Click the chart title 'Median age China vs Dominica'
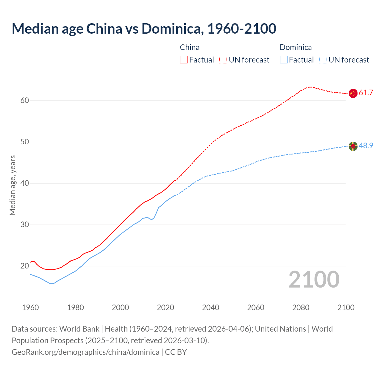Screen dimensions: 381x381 click(144, 29)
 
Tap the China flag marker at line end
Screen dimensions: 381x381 click(353, 93)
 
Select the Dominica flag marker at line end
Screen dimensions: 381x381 click(353, 146)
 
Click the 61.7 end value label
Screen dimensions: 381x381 click(366, 93)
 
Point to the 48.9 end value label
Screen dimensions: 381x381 click(366, 146)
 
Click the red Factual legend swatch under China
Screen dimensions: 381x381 click(184, 60)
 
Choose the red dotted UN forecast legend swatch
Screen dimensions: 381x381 click(223, 60)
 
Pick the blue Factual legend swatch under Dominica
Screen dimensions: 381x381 click(284, 60)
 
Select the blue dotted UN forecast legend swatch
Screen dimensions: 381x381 click(323, 60)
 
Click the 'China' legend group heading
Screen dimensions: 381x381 click(190, 47)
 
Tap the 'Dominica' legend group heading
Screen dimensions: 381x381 click(296, 47)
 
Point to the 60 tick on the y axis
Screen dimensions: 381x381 click(25, 101)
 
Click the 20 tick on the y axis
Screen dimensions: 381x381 click(25, 266)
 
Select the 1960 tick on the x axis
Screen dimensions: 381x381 click(30, 307)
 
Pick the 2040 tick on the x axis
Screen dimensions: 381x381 click(210, 307)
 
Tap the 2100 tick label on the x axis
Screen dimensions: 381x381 click(346, 307)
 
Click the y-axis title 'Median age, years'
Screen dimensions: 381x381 click(13, 185)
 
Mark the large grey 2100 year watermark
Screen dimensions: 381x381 click(314, 279)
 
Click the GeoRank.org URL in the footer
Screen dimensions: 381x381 click(85, 352)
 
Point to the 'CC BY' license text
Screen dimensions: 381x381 click(176, 352)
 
